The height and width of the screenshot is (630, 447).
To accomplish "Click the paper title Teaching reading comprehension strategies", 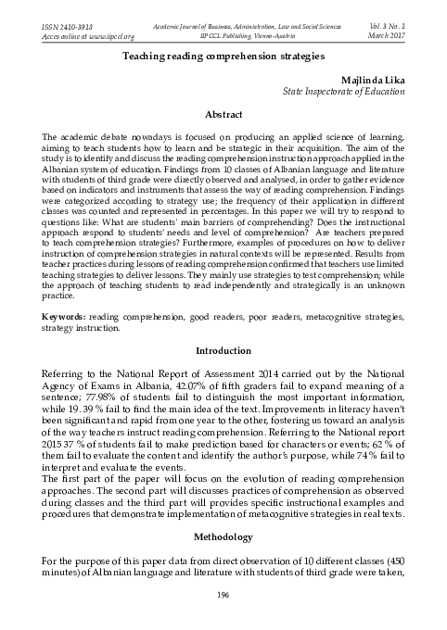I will pyautogui.click(x=223, y=57).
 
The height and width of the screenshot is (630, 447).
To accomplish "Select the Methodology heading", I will pyautogui.click(x=223, y=535).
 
